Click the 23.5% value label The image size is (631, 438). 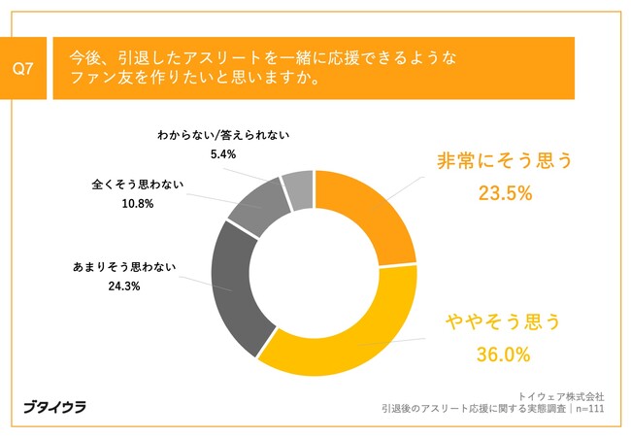coord(505,193)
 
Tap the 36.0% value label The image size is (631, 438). coord(503,354)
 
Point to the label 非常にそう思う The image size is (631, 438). coord(505,160)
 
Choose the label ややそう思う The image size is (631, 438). coord(504,321)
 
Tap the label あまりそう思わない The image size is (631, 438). coord(122,265)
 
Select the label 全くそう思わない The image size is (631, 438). coord(137,184)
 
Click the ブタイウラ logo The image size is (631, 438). coord(54,407)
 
